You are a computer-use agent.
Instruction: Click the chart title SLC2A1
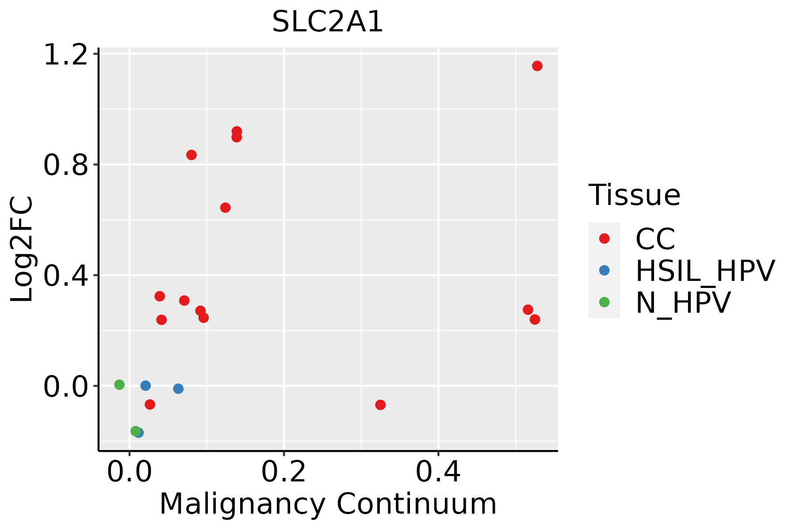328,22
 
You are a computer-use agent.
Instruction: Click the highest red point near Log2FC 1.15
537,66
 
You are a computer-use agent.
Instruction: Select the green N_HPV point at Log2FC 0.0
119,385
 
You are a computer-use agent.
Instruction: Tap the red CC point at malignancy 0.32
380,405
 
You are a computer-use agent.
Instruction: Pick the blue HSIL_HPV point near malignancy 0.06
178,389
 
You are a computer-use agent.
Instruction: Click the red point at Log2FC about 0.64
226,208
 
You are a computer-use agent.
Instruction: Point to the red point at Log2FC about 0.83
191,155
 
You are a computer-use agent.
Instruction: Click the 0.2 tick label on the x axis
283,472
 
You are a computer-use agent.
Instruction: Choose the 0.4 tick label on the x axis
438,472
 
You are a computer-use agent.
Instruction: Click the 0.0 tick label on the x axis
130,472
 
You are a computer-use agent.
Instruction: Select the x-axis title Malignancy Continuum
328,504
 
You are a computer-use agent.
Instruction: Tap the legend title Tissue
635,195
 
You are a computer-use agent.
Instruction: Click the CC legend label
655,239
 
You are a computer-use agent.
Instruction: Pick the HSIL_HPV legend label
705,271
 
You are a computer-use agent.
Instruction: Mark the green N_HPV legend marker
604,302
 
